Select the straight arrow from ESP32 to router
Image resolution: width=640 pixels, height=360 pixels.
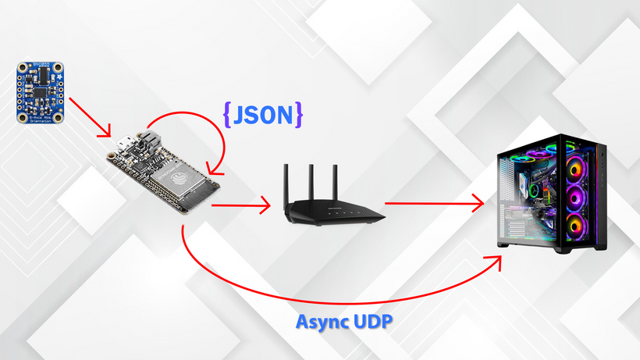point(240,206)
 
